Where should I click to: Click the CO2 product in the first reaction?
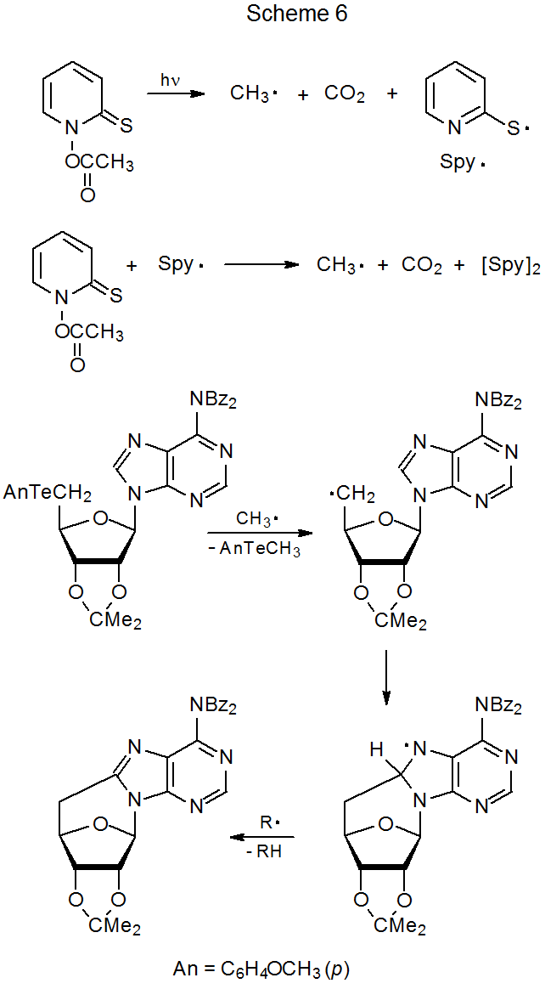345,93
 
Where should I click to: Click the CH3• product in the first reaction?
256,93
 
